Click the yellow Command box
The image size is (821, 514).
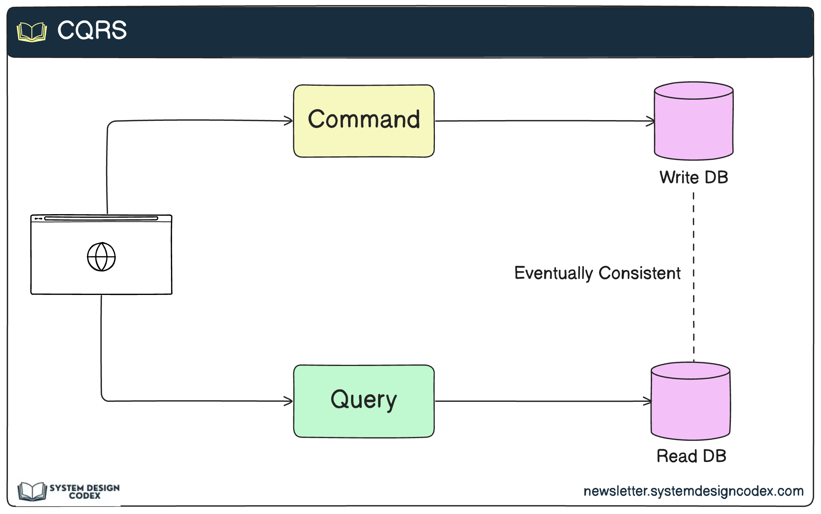coord(364,121)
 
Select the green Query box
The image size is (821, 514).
coord(364,401)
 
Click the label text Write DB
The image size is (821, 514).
coord(693,177)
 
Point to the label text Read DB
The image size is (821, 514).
coord(691,456)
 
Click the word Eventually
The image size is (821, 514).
coord(553,273)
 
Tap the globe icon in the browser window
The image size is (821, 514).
coord(101,257)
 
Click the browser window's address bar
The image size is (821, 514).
coord(101,218)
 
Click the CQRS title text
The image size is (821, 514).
coord(92,30)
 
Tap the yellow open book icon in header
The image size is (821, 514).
coord(32,32)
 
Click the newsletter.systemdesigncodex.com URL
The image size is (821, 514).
coord(693,491)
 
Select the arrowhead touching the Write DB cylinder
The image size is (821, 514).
coord(651,121)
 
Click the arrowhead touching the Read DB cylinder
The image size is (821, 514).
coord(648,401)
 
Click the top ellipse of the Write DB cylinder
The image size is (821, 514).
coord(693,91)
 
